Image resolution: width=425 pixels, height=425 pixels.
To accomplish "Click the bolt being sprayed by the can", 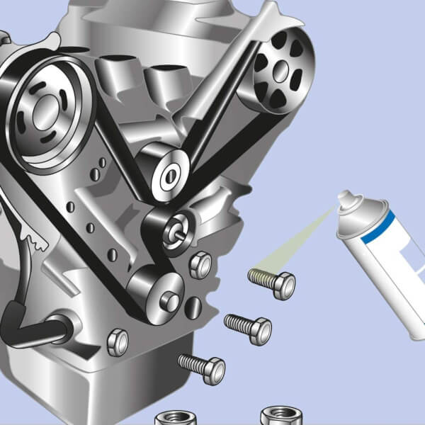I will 273,282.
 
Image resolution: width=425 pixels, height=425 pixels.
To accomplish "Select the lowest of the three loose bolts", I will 202,367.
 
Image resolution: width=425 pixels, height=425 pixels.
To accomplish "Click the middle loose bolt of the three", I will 248,327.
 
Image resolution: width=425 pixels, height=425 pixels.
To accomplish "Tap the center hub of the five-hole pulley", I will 283,68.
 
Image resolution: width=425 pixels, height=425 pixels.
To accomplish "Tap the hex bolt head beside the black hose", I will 118,342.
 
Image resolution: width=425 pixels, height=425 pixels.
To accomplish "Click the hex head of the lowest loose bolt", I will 213,370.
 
